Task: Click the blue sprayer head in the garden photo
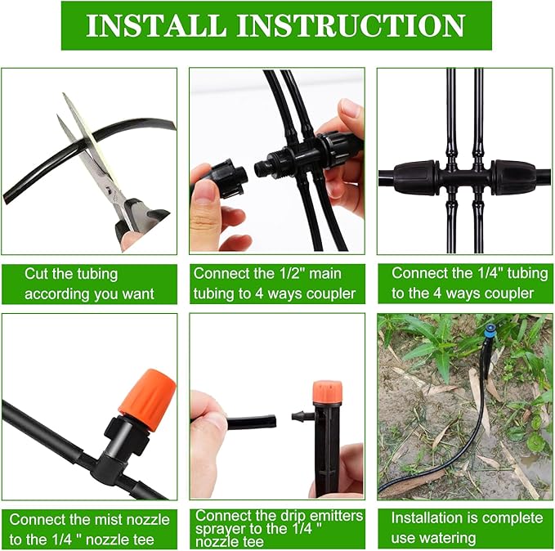pyautogui.click(x=489, y=331)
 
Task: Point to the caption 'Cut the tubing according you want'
pyautogui.click(x=89, y=284)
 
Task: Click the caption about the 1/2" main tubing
pyautogui.click(x=275, y=284)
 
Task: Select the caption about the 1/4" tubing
pyautogui.click(x=462, y=284)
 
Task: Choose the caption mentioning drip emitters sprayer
pyautogui.click(x=275, y=528)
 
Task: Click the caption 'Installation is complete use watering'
pyautogui.click(x=465, y=527)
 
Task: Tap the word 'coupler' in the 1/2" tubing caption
pyautogui.click(x=330, y=293)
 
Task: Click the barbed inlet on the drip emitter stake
pyautogui.click(x=302, y=416)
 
